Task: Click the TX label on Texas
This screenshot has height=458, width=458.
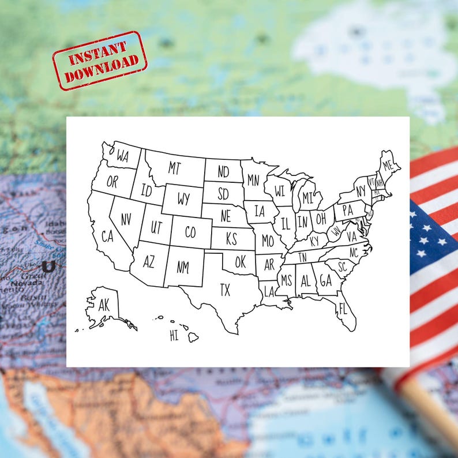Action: click(x=225, y=290)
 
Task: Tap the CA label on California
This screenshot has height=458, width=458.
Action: click(x=108, y=236)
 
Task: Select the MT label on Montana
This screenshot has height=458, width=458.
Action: click(x=174, y=168)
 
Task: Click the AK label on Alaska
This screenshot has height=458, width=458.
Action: click(x=104, y=306)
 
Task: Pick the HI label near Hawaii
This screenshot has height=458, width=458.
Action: click(x=174, y=336)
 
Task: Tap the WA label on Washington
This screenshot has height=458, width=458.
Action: click(x=122, y=155)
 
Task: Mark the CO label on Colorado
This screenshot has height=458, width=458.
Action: click(x=191, y=232)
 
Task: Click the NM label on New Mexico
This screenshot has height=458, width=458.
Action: click(x=183, y=267)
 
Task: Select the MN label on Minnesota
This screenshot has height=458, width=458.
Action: click(x=253, y=180)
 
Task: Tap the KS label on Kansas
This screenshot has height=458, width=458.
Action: click(x=231, y=238)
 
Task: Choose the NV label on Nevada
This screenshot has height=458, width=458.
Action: click(x=125, y=219)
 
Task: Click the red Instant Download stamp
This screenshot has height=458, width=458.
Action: click(x=99, y=61)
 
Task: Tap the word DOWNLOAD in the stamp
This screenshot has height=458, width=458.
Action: click(x=102, y=70)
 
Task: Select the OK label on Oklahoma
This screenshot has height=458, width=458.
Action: click(x=240, y=262)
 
